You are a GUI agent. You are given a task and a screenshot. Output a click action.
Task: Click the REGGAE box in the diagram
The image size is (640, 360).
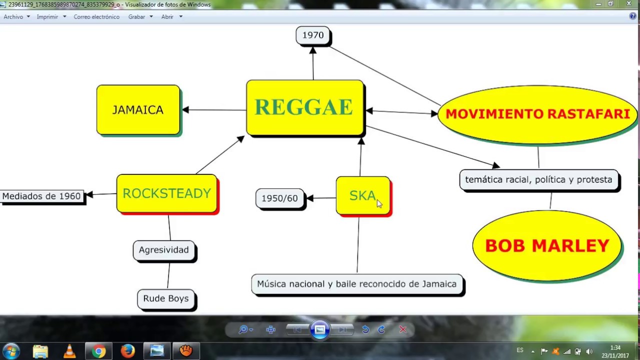304,107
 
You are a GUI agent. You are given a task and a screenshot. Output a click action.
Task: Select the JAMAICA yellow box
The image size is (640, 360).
138,109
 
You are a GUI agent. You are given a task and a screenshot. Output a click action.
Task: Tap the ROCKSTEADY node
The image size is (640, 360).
166,193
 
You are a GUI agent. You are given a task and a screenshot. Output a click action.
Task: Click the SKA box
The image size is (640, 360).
362,195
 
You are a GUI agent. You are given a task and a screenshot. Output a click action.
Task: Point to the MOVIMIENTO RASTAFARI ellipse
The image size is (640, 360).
537,114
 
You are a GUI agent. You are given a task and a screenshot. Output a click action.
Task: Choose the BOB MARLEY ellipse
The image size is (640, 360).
547,245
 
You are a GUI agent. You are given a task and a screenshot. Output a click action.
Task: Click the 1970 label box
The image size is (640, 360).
313,35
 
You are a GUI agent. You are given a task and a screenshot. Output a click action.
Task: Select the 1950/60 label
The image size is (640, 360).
279,198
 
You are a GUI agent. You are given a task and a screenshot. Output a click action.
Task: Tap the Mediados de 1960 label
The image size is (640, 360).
41,196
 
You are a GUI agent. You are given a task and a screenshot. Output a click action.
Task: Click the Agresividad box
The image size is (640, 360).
164,250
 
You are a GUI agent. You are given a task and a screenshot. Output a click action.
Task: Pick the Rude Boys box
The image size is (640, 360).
166,298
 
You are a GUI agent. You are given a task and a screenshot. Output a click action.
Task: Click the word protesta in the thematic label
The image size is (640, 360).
594,179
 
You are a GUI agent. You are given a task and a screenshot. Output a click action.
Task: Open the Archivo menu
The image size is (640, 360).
13,16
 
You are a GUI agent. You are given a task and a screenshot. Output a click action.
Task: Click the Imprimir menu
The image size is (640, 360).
47,16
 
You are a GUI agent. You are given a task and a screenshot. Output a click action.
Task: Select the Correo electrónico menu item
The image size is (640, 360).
96,16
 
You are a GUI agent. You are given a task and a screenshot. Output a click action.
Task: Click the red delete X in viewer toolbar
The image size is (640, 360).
403,329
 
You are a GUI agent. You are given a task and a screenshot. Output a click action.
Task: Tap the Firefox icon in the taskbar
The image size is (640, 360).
127,351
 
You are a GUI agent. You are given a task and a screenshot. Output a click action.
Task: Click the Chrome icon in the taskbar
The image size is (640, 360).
98,351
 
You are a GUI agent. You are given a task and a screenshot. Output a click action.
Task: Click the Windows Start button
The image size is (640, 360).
11,351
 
